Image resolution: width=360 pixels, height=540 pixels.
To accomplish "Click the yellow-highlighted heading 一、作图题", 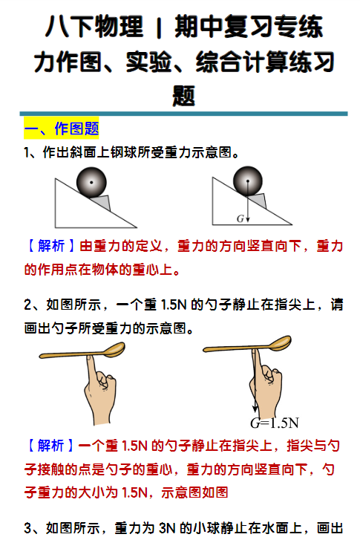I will (x=61, y=129).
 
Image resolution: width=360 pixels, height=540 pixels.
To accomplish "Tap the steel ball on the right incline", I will (x=247, y=182).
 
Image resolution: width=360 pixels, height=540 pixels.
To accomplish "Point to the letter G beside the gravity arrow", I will (x=240, y=218).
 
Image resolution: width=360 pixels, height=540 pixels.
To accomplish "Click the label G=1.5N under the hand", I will (x=274, y=423).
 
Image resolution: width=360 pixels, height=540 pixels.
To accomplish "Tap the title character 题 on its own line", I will (x=183, y=94).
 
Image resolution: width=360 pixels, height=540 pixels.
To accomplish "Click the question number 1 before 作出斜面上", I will (x=27, y=152).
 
